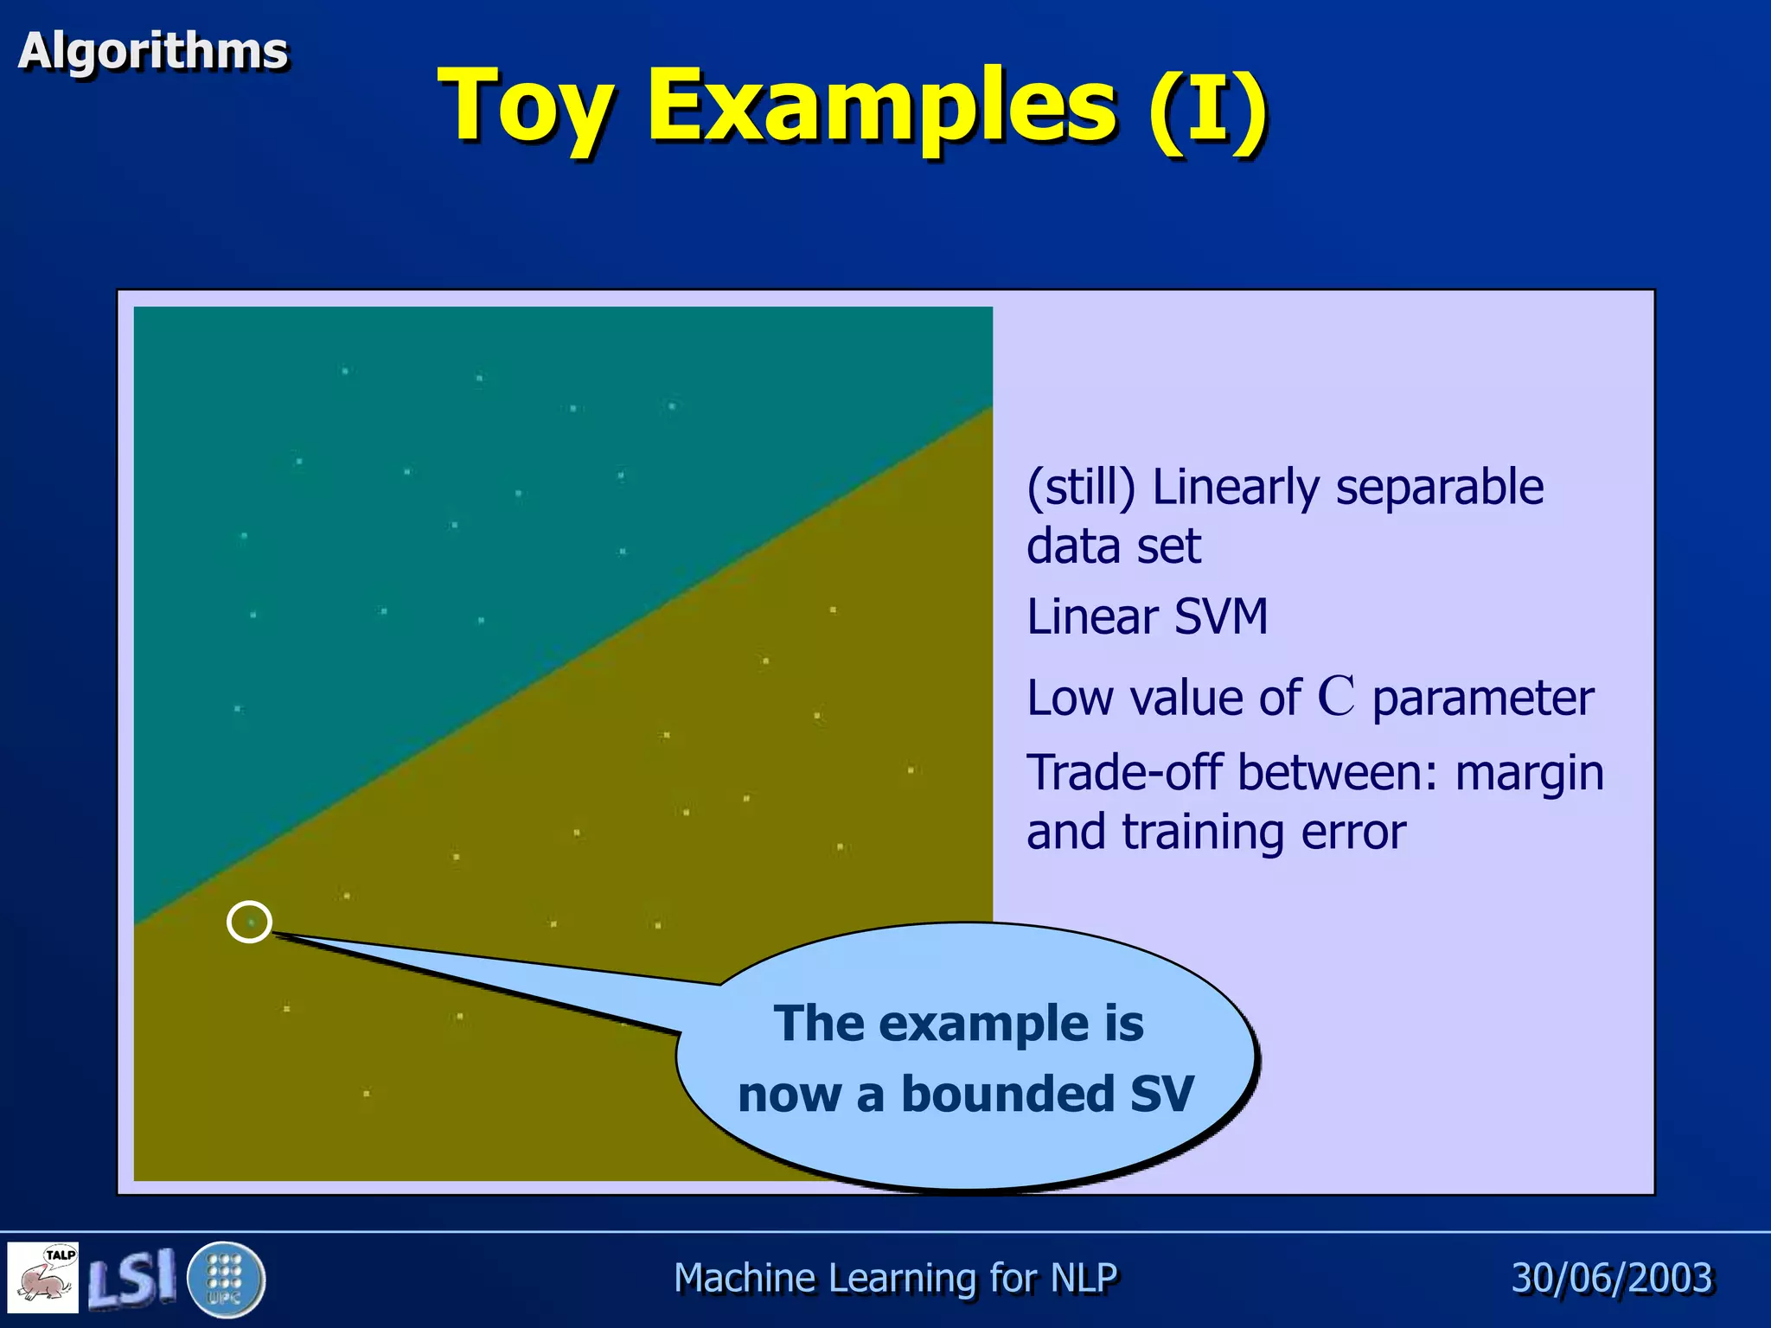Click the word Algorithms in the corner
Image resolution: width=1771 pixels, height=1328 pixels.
point(152,50)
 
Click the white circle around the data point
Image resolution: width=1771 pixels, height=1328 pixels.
point(249,922)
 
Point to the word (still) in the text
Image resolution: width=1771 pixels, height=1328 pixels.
point(1080,487)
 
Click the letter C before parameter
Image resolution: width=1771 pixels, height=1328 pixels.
point(1335,697)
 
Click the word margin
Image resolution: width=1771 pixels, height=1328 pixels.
point(1529,774)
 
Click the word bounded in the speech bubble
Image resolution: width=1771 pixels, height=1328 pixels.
point(1008,1094)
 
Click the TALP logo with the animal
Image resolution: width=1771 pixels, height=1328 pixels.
point(43,1277)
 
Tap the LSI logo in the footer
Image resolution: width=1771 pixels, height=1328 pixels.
point(131,1278)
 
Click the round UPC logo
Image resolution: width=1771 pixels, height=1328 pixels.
point(226,1278)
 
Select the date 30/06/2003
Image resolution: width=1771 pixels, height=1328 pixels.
point(1612,1278)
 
